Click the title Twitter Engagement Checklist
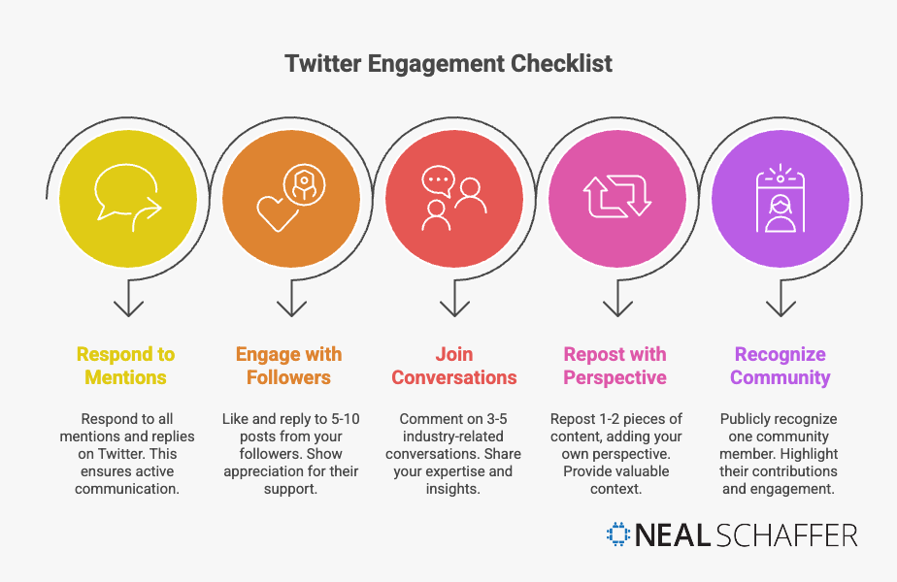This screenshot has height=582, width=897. [448, 64]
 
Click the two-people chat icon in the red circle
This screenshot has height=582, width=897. [453, 200]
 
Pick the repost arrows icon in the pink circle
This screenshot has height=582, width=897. [616, 198]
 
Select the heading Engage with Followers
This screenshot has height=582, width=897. [288, 366]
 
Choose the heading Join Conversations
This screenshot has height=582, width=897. [454, 366]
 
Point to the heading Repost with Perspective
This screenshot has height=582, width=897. [615, 366]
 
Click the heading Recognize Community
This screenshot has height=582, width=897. [781, 366]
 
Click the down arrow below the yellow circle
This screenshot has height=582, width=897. [127, 302]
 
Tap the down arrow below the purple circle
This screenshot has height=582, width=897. [781, 302]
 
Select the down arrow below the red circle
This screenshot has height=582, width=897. [453, 302]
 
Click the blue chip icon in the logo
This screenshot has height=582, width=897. [617, 534]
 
